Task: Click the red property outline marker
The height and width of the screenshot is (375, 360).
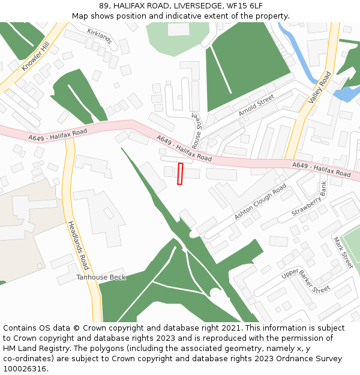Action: click(x=180, y=173)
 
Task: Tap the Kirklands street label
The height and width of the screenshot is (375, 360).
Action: click(x=100, y=36)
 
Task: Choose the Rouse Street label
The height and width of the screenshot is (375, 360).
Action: click(x=197, y=128)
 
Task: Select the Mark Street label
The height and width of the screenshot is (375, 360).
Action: click(x=343, y=252)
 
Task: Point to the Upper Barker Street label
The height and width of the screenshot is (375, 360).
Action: click(x=306, y=281)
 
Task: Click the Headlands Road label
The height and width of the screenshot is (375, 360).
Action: click(x=77, y=244)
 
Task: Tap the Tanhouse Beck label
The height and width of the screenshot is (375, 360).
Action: click(x=101, y=277)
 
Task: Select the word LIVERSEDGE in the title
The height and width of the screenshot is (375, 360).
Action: click(x=195, y=5)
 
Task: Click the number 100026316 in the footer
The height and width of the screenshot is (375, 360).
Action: click(x=25, y=368)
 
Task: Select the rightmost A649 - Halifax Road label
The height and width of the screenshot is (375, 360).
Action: click(x=321, y=169)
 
